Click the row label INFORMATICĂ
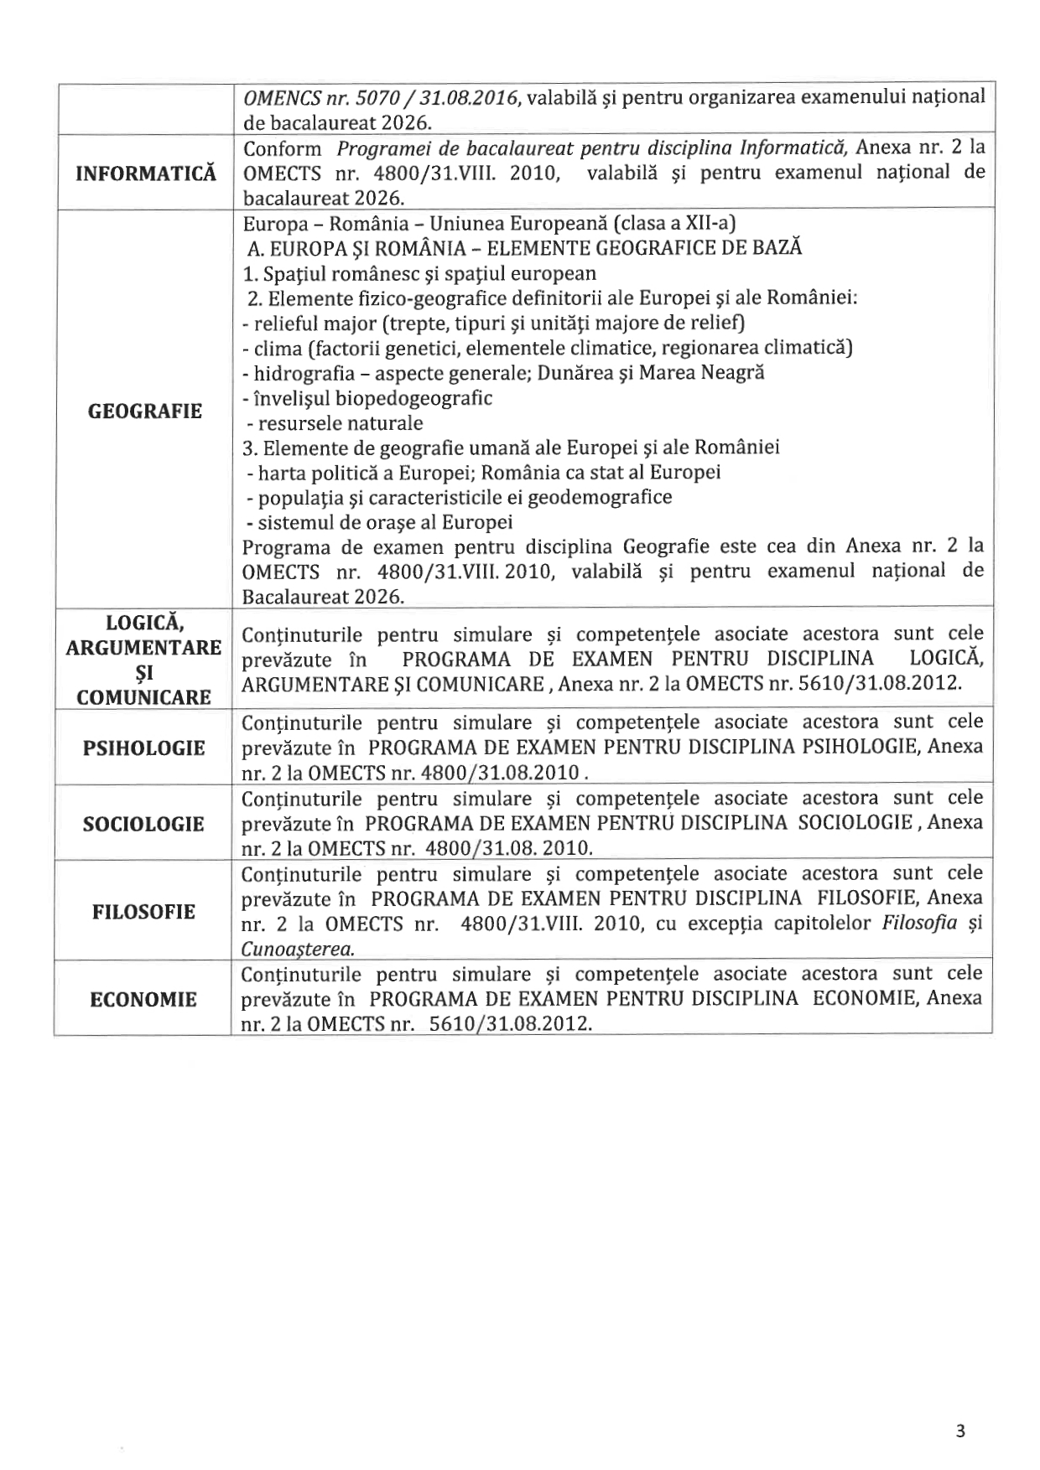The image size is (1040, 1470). pos(145,173)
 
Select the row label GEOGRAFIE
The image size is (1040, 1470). pos(145,411)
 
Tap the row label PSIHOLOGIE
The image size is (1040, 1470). pos(143,748)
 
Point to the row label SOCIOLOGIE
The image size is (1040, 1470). pos(143,824)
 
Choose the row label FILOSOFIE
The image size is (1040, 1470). pos(143,912)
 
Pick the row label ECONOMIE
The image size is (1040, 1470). pos(143,1000)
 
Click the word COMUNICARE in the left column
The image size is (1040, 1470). pos(143,697)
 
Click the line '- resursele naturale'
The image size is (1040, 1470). pos(335,423)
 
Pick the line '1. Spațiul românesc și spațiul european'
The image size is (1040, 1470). pos(419,274)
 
